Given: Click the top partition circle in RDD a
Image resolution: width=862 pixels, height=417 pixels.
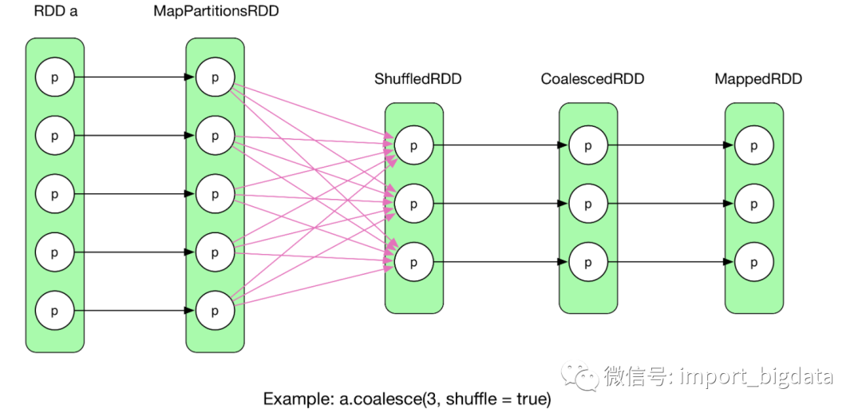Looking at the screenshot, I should [54, 77].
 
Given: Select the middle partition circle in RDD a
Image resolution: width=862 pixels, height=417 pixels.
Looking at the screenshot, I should [54, 194].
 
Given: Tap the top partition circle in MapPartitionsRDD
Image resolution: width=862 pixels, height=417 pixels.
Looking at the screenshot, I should [215, 77].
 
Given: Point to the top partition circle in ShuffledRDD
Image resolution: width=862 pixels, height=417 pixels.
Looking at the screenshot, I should [413, 145].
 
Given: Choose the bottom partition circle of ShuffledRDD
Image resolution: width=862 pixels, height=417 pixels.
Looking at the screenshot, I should [413, 261].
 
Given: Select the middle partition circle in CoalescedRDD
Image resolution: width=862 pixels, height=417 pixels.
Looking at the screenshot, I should [588, 204].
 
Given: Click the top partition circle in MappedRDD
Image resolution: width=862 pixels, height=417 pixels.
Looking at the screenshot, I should [754, 145].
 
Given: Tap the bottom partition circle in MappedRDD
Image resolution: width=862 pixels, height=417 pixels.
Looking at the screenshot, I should [754, 261].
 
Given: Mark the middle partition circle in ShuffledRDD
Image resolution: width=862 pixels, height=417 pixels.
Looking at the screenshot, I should [413, 204].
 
